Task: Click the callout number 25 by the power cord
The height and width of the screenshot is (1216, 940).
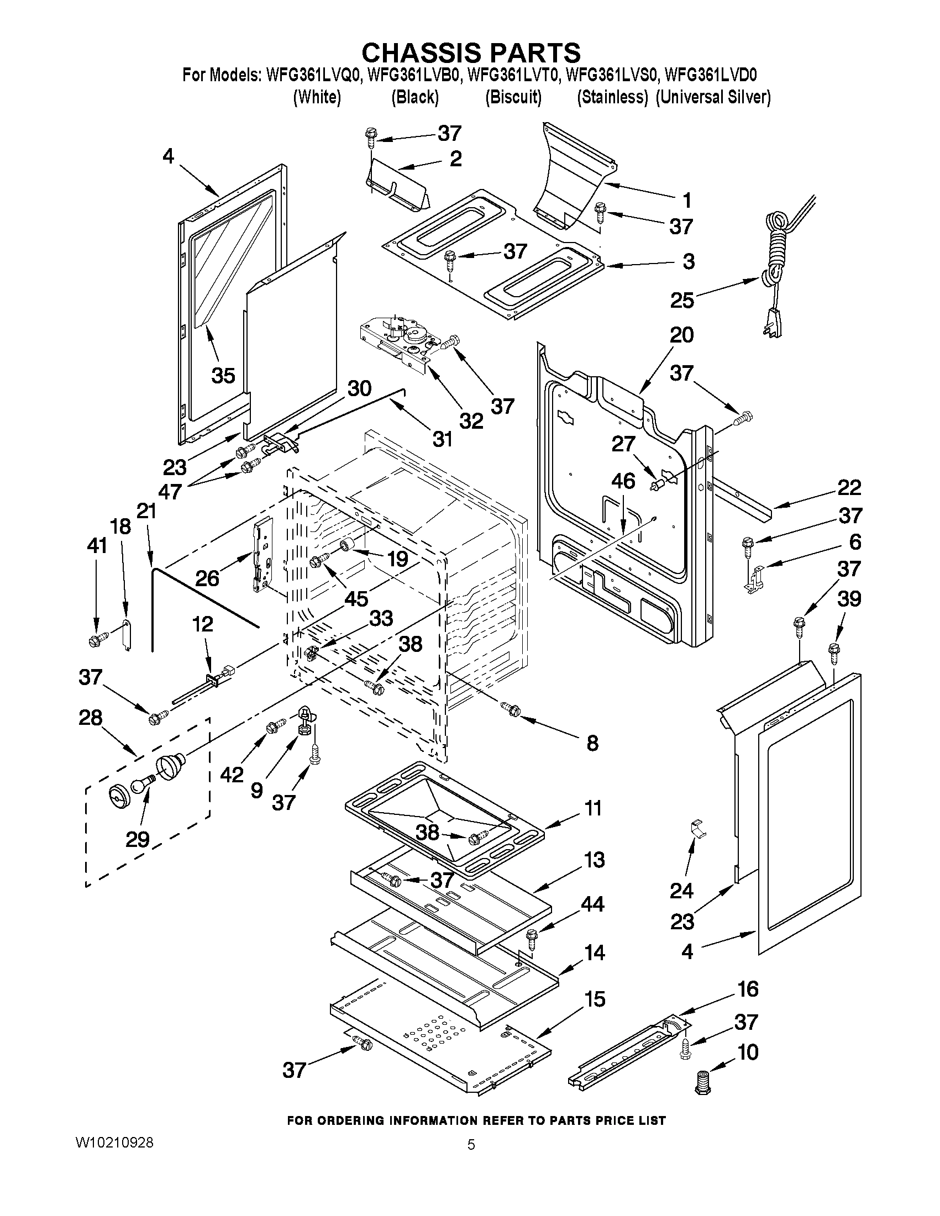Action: tap(682, 300)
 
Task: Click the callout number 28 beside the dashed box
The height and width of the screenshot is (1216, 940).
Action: tap(90, 718)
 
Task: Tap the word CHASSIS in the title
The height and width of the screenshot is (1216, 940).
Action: tap(423, 53)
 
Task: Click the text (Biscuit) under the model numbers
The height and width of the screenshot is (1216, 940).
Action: tap(513, 97)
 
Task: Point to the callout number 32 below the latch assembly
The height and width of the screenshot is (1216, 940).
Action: tap(471, 421)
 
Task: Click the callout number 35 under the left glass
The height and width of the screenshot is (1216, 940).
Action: tap(223, 375)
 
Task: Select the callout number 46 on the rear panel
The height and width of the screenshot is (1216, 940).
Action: tap(623, 481)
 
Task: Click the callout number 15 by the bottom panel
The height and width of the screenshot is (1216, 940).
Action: tap(595, 999)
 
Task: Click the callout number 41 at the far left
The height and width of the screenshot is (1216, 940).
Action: tap(96, 546)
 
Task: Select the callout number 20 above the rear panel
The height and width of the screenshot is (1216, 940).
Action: tap(681, 335)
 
